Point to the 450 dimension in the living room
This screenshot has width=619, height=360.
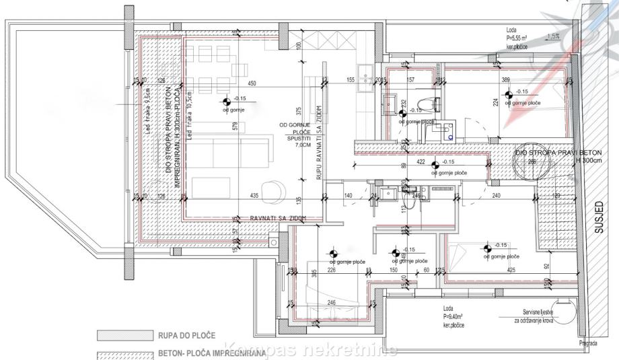click(252, 83)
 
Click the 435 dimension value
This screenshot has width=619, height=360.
click(254, 195)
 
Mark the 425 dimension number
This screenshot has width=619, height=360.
click(511, 271)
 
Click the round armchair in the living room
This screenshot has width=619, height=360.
click(274, 192)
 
